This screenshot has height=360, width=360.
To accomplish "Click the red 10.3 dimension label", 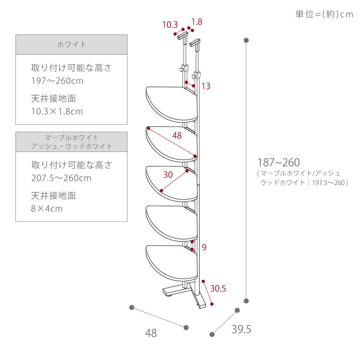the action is [x=170, y=25].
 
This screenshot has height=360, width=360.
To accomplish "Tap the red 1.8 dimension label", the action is [x=197, y=22].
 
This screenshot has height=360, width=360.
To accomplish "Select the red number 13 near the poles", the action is [x=206, y=86].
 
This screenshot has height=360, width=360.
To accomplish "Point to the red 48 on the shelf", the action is [x=177, y=135].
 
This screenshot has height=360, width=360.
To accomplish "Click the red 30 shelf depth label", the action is [x=168, y=175].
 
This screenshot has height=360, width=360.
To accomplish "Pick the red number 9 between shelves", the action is [x=204, y=247].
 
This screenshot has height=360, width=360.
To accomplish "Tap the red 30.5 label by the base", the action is [x=218, y=288].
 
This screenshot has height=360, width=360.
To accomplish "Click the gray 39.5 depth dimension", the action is [x=241, y=329].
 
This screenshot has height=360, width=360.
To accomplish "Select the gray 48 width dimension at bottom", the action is [x=151, y=333].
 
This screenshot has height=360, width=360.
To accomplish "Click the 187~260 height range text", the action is [x=279, y=162].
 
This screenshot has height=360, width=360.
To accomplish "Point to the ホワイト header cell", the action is [x=71, y=45].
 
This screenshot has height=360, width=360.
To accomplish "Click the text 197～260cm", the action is [x=57, y=81].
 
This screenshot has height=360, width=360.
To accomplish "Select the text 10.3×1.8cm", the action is [x=57, y=111].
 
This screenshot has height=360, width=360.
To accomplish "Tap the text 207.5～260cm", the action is [x=61, y=178].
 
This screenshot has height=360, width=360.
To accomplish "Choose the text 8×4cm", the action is [x=47, y=209].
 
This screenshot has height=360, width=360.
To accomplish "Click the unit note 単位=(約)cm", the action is [x=324, y=14].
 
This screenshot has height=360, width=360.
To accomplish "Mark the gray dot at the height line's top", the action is [x=246, y=40].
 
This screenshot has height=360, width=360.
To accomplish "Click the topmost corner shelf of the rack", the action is [x=171, y=104].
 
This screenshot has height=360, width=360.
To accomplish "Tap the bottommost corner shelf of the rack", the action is [x=171, y=263].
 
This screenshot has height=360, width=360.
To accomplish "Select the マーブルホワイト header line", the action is [x=71, y=138].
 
